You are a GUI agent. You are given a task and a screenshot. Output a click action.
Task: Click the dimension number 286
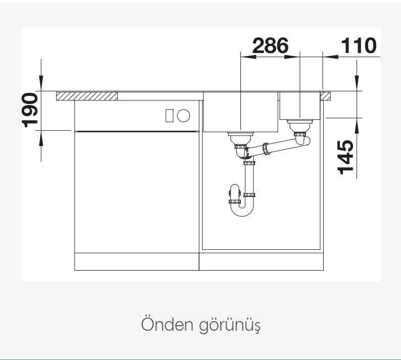tap(270, 45)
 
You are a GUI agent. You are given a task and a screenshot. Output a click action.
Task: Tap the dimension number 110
tap(359, 45)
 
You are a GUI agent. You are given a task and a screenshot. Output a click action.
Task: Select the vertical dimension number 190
tap(30, 110)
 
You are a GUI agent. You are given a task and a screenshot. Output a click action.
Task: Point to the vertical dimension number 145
tap(345, 157)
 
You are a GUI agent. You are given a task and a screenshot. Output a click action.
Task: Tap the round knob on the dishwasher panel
tap(183, 115)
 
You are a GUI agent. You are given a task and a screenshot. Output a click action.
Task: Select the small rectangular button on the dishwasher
tap(170, 115)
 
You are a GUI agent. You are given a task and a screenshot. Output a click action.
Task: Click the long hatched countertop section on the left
tap(87, 96)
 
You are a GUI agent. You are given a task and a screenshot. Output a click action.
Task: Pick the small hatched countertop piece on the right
tap(326, 96)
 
